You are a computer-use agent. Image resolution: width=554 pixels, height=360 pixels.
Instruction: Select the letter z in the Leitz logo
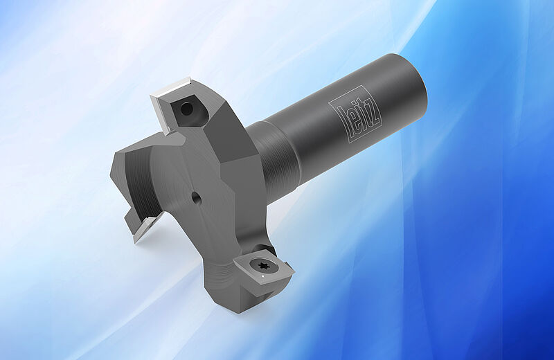374,111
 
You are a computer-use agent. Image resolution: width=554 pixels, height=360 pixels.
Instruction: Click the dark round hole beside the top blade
186,109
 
